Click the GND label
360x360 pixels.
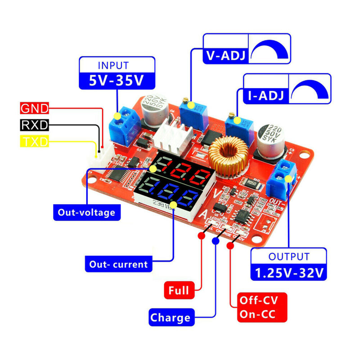(x=35, y=108)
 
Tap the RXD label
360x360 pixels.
(x=34, y=125)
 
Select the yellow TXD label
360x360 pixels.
(x=35, y=142)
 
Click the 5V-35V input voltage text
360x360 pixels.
(x=117, y=81)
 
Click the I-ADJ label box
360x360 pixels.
(x=265, y=95)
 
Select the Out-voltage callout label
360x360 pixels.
(x=87, y=212)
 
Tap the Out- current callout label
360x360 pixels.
(x=118, y=264)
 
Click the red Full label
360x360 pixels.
(x=179, y=290)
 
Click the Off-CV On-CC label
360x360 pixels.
(x=262, y=307)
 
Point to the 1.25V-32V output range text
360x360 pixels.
(x=288, y=273)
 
